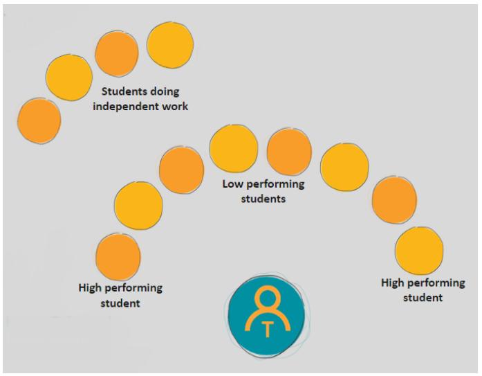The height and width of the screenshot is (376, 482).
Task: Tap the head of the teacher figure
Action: (267, 299)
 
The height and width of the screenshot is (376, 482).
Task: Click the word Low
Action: (232, 185)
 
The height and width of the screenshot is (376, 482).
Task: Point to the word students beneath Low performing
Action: (263, 199)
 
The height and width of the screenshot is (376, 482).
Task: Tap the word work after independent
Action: (173, 107)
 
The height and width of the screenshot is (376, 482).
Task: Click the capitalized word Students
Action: (124, 91)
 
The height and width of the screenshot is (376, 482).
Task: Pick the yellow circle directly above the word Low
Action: (234, 148)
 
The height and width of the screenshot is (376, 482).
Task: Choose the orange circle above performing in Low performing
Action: (289, 152)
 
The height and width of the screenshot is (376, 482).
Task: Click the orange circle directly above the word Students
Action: (117, 54)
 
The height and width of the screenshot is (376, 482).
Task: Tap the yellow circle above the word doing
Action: (170, 45)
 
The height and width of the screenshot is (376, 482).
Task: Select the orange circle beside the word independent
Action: (39, 120)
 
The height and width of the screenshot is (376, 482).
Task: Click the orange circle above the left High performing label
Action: (118, 257)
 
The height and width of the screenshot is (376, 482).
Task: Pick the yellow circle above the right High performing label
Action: (419, 251)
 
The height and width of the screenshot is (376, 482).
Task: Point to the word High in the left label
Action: (92, 288)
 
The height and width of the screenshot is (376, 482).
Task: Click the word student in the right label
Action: (423, 298)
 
